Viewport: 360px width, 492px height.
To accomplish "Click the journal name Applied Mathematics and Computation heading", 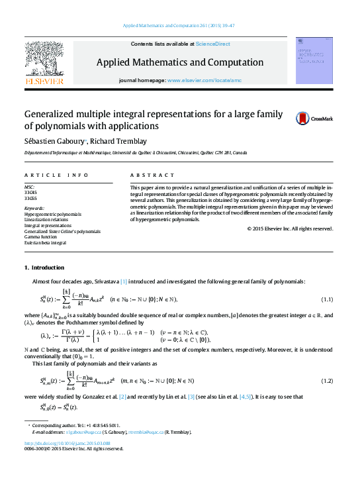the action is [x=179, y=62].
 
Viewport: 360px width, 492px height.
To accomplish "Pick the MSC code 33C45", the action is [x=30, y=193].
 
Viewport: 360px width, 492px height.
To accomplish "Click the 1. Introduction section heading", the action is [x=44, y=268].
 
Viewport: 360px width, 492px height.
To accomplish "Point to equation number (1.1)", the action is [x=327, y=300].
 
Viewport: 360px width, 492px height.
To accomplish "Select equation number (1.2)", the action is [x=327, y=381].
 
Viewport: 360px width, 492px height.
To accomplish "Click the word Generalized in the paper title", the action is [x=51, y=114].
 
